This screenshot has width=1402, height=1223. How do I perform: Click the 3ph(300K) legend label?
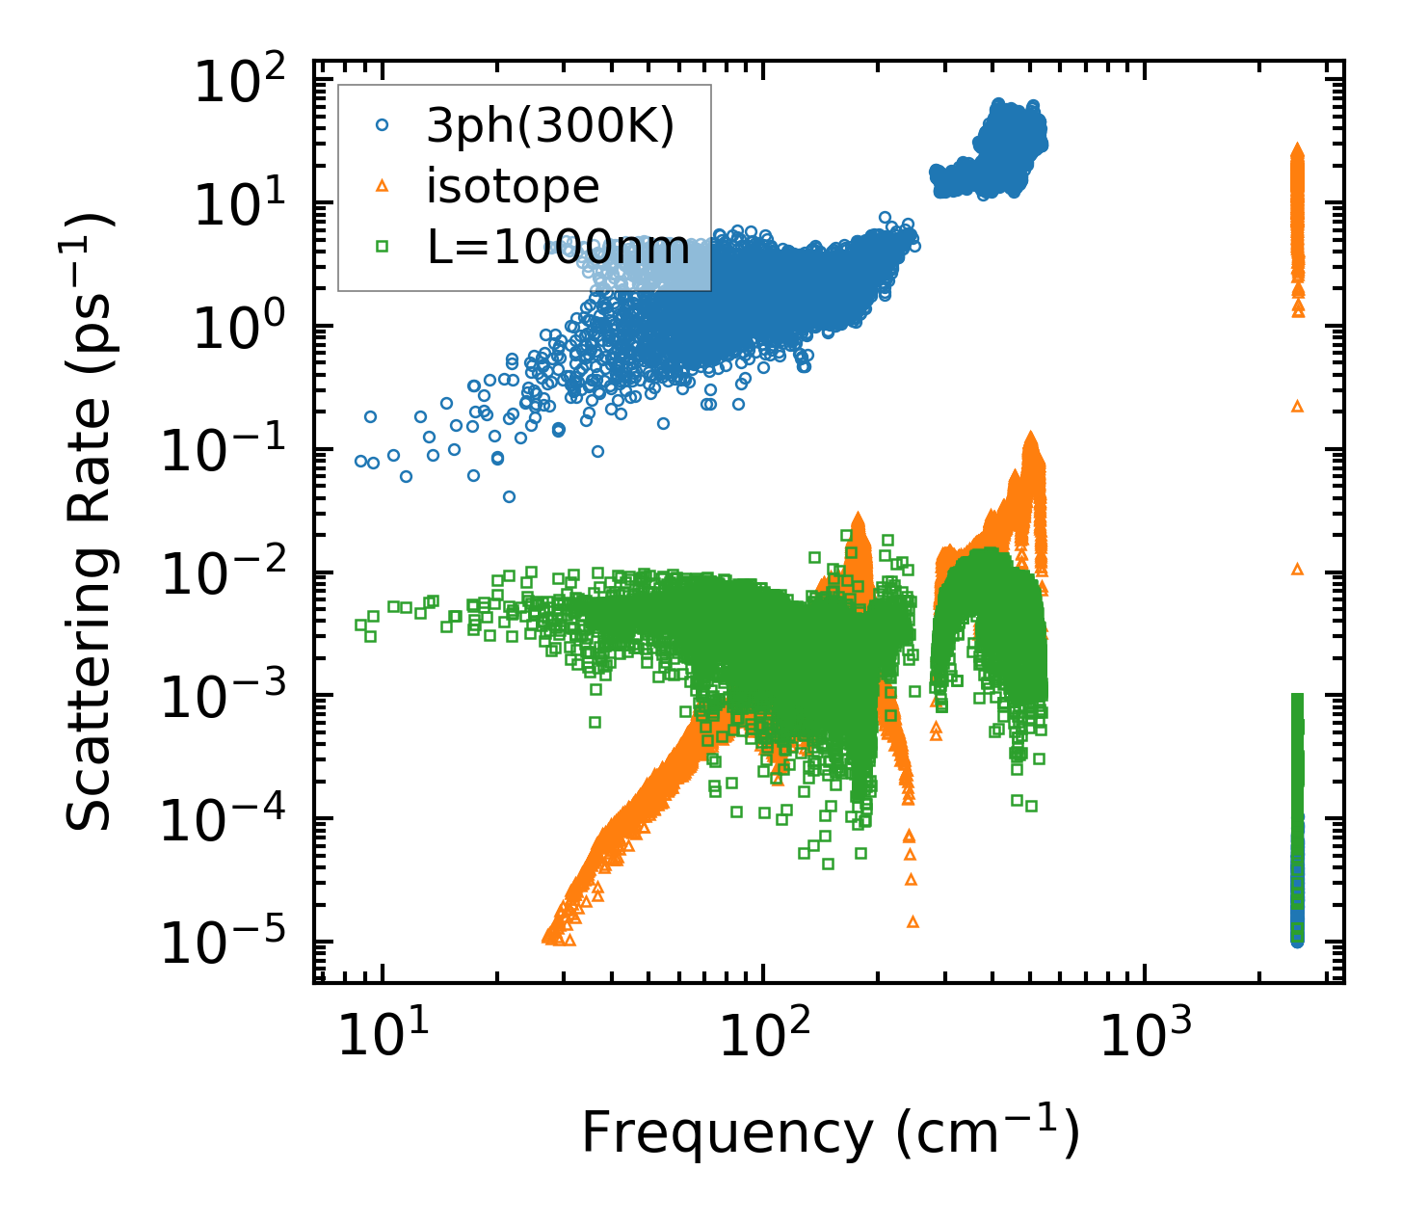click(550, 125)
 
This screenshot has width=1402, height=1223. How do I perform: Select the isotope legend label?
click(513, 186)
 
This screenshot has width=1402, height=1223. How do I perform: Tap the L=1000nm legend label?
click(558, 248)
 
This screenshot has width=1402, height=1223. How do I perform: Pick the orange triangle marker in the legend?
click(382, 186)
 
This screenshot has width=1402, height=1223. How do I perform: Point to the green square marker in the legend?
click(382, 248)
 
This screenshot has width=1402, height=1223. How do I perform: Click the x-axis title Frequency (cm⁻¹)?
click(830, 1132)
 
